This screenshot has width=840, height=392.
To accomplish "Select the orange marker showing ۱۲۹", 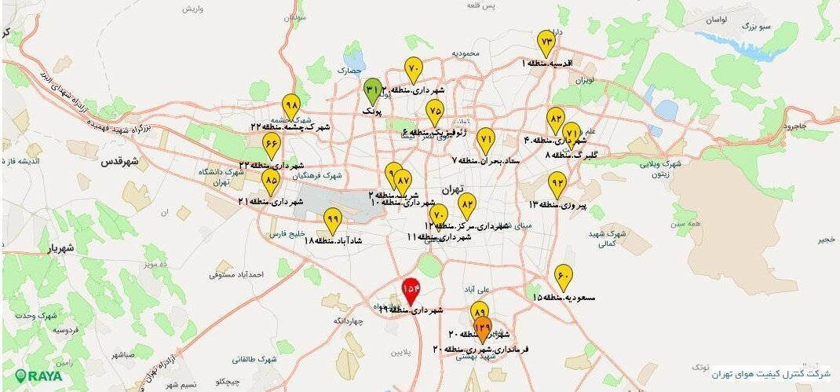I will (484, 328).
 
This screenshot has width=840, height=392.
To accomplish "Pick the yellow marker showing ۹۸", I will (291, 105).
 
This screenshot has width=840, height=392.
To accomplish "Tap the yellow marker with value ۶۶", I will (271, 145).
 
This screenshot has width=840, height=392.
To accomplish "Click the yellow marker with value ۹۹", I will (332, 220).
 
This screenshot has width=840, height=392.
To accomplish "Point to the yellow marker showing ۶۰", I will (563, 277).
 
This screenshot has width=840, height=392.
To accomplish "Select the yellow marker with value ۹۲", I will (557, 184).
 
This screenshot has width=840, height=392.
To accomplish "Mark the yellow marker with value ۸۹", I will (480, 313).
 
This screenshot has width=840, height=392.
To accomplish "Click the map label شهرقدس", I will (119, 162).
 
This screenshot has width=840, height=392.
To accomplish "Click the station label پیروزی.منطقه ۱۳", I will (557, 205).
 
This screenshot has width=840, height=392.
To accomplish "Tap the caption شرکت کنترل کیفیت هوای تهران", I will (769, 374).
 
